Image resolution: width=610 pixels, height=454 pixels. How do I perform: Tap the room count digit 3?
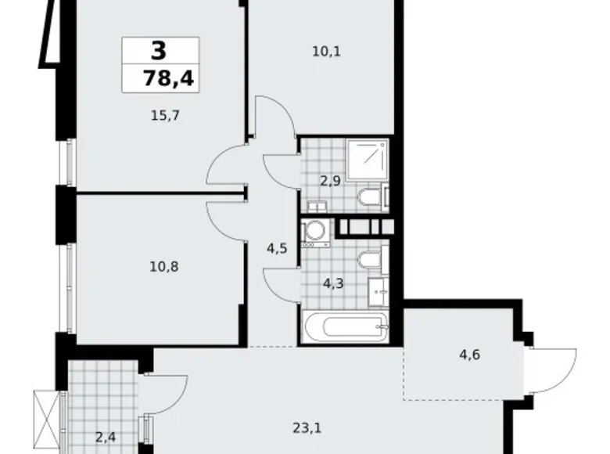(x=159, y=51)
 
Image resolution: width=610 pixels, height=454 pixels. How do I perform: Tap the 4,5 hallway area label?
(x=276, y=250)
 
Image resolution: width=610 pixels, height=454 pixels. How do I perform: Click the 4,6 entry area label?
(x=470, y=353)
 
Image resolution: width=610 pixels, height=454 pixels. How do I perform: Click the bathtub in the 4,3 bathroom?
(x=346, y=328)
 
